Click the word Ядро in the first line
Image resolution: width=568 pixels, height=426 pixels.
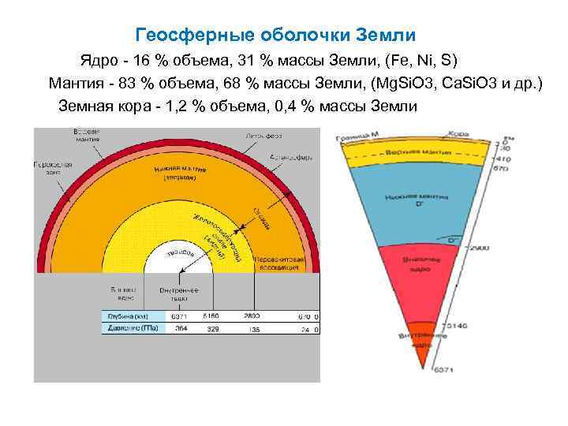coord(96,60)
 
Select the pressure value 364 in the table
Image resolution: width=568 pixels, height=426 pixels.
coord(181,328)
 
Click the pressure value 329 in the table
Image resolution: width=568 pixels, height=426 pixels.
coord(213,328)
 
